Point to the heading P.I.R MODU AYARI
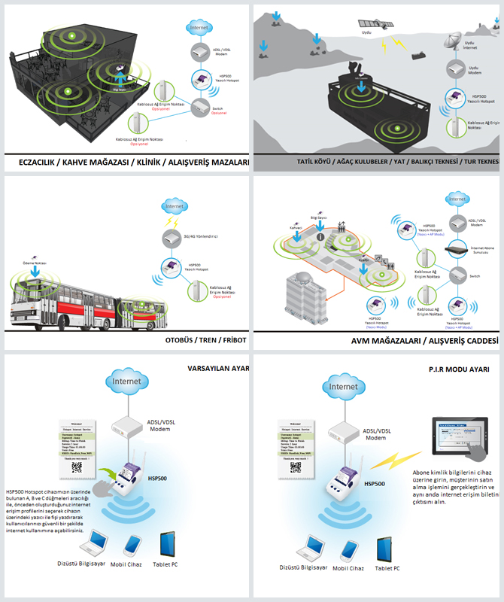coord(459,369)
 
